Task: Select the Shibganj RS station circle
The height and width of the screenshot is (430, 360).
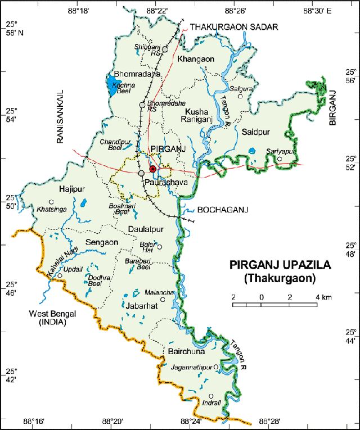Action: (165, 49)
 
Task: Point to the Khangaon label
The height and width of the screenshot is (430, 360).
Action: (195, 59)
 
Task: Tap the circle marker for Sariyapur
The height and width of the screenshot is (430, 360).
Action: (279, 159)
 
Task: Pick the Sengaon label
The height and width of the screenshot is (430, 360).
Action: (101, 242)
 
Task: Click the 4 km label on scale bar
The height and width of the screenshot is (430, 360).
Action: (323, 297)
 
